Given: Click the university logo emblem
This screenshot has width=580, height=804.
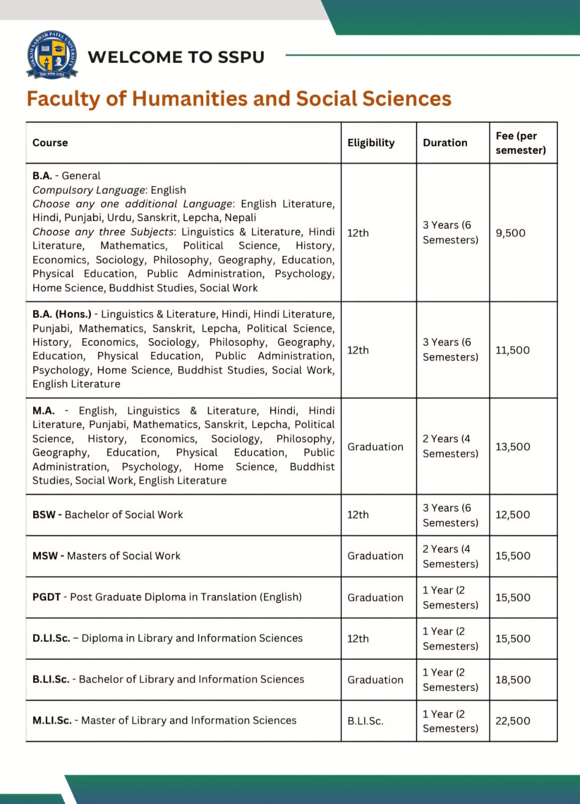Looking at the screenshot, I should [x=52, y=55].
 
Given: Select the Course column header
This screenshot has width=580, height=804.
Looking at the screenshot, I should [x=50, y=143].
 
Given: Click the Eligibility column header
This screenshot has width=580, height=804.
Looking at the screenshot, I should [x=371, y=143].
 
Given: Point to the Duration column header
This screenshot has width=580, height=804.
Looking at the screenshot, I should [x=445, y=143].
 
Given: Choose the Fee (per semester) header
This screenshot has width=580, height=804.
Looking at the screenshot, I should [x=520, y=143].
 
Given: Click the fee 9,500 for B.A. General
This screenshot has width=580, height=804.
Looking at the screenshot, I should [x=510, y=233].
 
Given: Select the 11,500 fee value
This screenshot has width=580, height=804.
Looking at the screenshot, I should [x=512, y=350].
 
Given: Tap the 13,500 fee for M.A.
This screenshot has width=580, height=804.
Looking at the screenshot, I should [x=512, y=447].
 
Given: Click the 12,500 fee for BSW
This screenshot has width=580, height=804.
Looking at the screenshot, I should [x=512, y=515].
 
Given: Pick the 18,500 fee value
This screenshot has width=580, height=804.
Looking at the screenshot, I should [x=513, y=679].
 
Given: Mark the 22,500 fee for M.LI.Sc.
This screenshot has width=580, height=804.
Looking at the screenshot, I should [x=513, y=721].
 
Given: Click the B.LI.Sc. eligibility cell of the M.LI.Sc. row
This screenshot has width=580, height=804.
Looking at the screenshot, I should [x=365, y=721].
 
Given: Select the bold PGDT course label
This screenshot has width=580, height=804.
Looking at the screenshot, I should [x=46, y=597].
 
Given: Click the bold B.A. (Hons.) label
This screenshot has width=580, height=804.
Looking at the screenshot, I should [x=62, y=314].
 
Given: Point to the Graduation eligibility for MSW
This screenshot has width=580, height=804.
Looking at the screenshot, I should [x=375, y=556].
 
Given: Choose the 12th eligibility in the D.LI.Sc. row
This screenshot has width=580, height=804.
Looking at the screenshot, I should [x=358, y=639].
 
